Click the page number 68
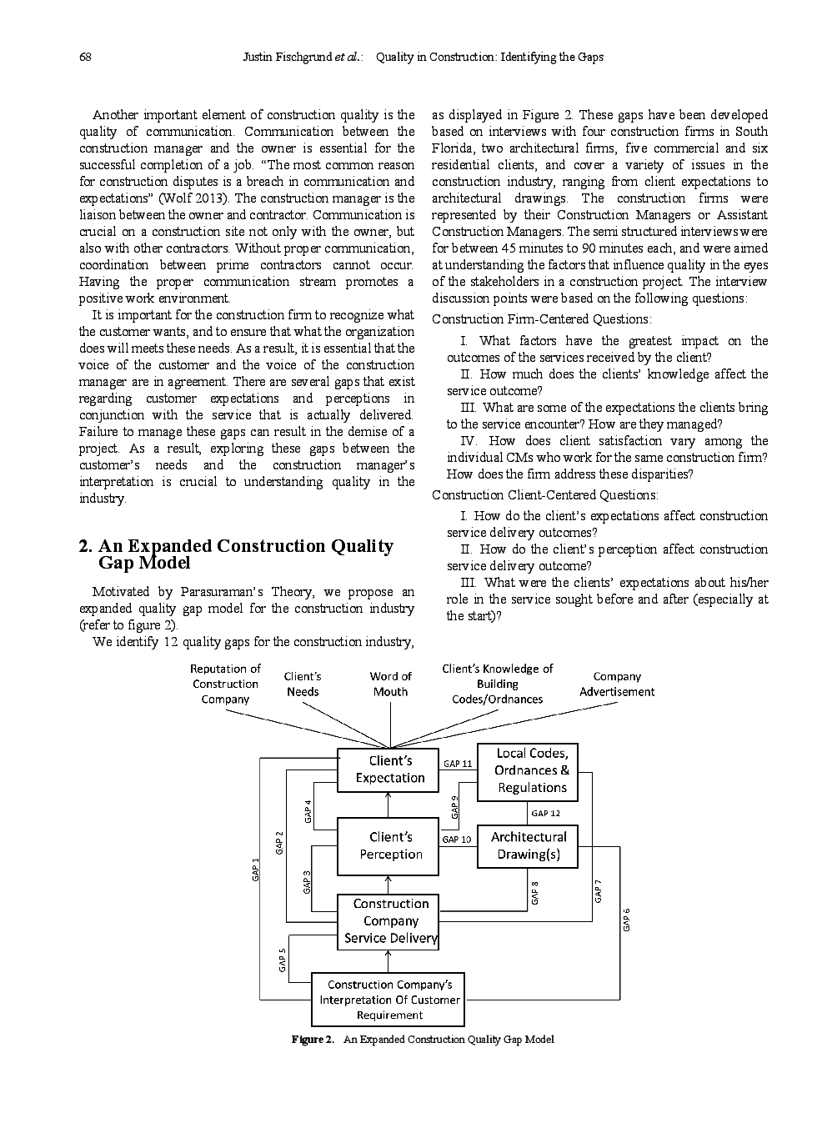(x=85, y=58)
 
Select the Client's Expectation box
(x=388, y=770)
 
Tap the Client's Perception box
(x=388, y=845)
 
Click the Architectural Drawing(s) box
(x=527, y=845)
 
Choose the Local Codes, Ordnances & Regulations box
(x=527, y=771)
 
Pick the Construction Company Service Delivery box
(x=388, y=921)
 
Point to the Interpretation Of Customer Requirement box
(x=388, y=1000)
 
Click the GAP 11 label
(x=458, y=764)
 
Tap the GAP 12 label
(x=545, y=813)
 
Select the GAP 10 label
(x=457, y=840)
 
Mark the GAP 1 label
(x=256, y=869)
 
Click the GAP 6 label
(x=627, y=919)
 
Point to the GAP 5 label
(x=283, y=960)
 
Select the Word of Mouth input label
(x=390, y=684)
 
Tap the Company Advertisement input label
(x=617, y=684)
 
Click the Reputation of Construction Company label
(x=225, y=684)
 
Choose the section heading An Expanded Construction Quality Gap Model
(x=236, y=554)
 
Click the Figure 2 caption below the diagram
(x=422, y=1039)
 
